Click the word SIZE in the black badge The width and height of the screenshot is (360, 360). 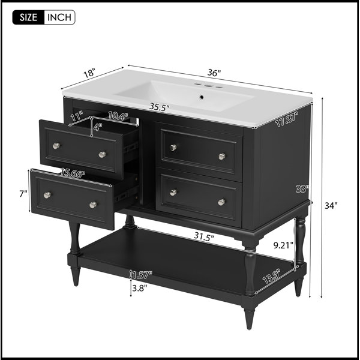pos(28,17)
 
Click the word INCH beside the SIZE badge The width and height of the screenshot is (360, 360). pos(59,17)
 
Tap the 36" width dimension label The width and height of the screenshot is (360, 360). pos(214,73)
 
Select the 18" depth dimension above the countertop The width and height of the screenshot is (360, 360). pos(89,73)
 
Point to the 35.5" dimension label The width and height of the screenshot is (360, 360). pos(160,107)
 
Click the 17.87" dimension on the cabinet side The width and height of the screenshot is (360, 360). pos(287,119)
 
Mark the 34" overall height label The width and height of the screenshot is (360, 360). pos(331,206)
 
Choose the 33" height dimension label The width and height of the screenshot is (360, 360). pos(302,189)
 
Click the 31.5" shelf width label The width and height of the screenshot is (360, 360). pos(204,236)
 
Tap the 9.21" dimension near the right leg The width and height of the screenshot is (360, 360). pos(283,245)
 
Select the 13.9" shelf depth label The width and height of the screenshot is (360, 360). pos(271,276)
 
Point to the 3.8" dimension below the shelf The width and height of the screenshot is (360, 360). pos(139,288)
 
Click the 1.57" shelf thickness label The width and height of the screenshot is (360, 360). pos(142,275)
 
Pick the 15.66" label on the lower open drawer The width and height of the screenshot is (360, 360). pos(73,173)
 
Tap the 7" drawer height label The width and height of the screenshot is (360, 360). pos(23,194)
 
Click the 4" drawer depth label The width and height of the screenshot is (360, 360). pos(98,127)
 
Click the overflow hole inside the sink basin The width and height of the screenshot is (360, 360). pos(202,97)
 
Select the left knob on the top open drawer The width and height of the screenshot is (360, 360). pos(56,146)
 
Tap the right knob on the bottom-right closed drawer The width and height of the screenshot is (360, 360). pos(221,202)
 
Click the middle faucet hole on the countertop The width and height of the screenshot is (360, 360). pos(208,86)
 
